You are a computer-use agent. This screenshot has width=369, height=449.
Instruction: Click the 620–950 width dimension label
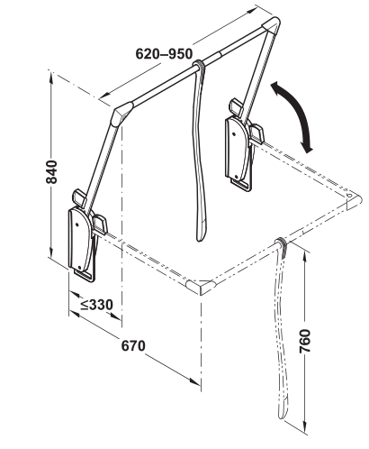164,54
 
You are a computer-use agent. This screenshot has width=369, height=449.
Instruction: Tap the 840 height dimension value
51,172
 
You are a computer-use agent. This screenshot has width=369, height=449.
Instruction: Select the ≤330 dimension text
96,305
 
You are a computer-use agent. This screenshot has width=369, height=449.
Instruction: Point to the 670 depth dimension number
133,345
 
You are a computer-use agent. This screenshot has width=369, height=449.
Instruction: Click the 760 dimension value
305,341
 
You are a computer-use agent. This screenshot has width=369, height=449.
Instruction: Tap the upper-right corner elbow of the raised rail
271,26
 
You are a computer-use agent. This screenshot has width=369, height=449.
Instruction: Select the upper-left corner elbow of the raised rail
121,114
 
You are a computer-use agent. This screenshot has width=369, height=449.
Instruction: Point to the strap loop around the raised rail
198,65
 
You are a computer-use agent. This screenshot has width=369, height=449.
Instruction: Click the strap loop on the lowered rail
282,243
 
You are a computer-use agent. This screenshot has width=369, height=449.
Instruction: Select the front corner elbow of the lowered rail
201,287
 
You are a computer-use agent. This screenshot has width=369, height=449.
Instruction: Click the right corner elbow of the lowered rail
353,201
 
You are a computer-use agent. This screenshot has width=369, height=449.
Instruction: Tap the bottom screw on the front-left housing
79,267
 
